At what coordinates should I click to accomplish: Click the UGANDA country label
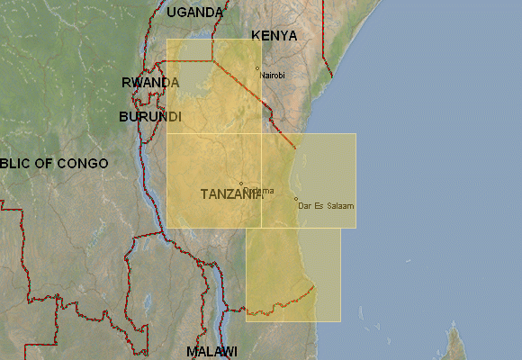click(194, 12)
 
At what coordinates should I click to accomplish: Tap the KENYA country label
click(274, 35)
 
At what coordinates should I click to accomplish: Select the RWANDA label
click(149, 82)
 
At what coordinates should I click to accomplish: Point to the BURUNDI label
click(149, 117)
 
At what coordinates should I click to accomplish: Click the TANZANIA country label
click(230, 194)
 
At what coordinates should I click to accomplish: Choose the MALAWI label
click(211, 350)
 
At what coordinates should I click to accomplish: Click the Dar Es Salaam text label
click(325, 206)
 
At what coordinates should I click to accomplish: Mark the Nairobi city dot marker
click(257, 67)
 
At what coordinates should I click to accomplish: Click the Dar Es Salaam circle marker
click(296, 199)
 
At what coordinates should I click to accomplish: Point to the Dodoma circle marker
click(240, 184)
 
